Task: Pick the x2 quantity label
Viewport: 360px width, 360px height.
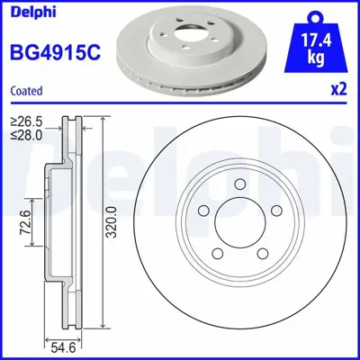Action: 338,90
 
